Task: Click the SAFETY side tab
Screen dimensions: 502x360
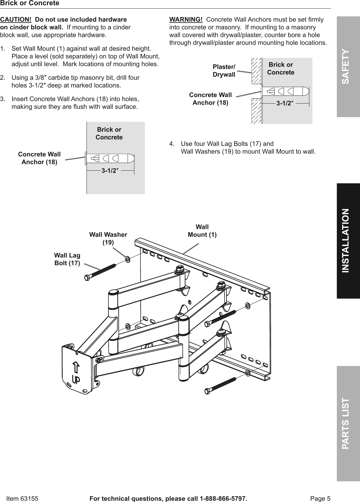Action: coord(348,67)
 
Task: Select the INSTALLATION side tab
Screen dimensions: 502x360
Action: coord(348,240)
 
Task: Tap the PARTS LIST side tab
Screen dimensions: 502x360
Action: coord(348,423)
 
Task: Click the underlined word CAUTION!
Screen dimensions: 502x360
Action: coord(16,19)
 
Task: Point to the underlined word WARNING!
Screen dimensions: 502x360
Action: coord(186,20)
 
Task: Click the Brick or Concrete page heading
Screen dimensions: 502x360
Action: coord(30,3)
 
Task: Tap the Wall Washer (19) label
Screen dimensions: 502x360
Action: coord(108,238)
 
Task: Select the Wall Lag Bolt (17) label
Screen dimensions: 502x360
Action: coord(67,259)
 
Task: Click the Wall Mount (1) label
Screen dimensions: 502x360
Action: coord(202,231)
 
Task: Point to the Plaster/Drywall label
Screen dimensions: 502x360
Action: coord(224,71)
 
